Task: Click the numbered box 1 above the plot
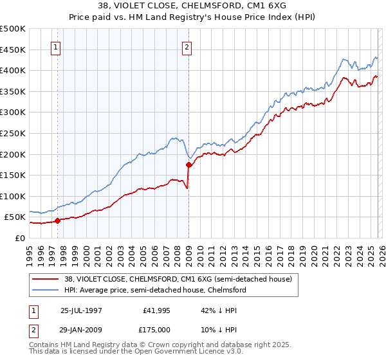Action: click(x=55, y=47)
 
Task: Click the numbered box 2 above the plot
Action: click(x=187, y=47)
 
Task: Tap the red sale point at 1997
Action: click(x=58, y=221)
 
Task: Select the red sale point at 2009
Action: click(x=188, y=165)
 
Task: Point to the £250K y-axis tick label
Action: click(x=12, y=133)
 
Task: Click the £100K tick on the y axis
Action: click(x=12, y=196)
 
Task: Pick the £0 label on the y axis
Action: click(x=19, y=238)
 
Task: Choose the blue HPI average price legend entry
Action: click(x=154, y=290)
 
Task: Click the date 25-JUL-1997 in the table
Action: click(x=81, y=309)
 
